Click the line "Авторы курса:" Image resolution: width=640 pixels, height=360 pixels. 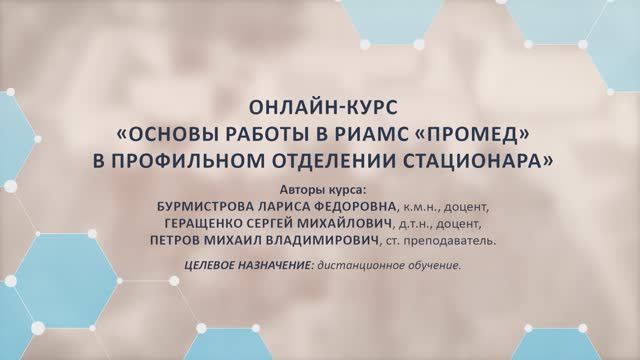coord(320,189)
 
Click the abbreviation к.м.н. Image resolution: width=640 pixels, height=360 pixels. coord(421,207)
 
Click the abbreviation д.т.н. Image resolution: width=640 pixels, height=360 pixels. coord(420,224)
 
